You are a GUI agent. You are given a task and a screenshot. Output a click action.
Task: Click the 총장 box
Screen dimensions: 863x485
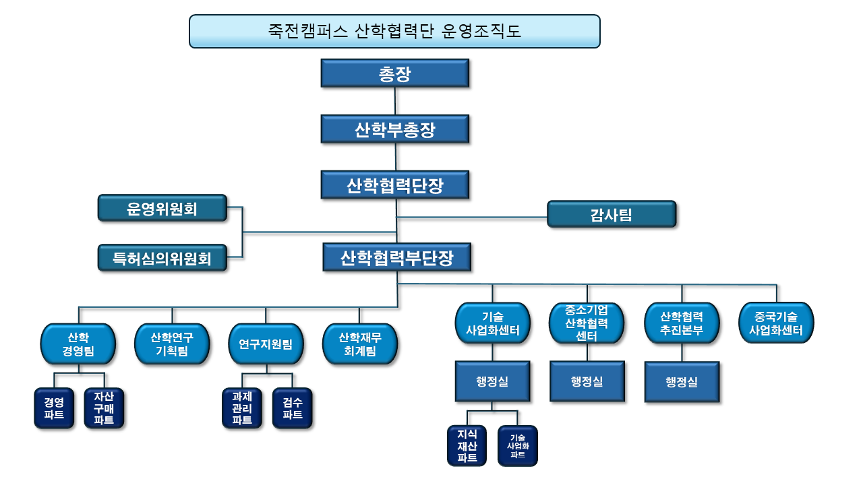click(395, 73)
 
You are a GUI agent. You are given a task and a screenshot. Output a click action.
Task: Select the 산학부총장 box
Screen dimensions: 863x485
click(395, 129)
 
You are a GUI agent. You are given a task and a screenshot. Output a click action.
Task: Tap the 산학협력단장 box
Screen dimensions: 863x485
click(395, 185)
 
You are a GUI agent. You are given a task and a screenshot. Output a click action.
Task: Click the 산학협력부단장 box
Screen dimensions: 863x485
click(397, 257)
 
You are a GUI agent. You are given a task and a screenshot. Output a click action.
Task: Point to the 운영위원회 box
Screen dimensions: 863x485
click(162, 208)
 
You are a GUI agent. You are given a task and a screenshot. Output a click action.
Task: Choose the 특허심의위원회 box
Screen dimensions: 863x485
click(162, 258)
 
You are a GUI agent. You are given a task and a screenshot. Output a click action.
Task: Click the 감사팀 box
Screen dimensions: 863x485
click(612, 214)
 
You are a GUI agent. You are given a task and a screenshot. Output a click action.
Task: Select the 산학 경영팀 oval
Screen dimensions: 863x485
click(78, 344)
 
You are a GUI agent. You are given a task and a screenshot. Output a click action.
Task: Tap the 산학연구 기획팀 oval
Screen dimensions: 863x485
click(172, 344)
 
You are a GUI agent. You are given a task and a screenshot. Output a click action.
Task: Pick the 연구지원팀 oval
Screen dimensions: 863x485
click(266, 344)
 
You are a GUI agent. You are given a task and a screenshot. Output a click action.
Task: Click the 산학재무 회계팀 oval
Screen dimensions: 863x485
click(360, 344)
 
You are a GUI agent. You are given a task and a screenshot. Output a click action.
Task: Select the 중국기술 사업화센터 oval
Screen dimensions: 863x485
click(776, 323)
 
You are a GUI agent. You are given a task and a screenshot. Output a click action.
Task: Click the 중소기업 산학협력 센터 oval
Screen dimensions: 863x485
click(587, 323)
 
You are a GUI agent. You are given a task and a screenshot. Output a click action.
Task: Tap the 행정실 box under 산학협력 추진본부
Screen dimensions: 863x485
click(682, 382)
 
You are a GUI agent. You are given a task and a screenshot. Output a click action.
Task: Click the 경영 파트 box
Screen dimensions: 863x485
click(54, 408)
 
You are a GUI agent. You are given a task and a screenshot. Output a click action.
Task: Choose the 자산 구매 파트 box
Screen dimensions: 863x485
click(104, 408)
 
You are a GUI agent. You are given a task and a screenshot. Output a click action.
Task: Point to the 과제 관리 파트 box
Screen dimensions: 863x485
click(242, 408)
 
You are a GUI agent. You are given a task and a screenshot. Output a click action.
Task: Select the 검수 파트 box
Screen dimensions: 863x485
click(293, 408)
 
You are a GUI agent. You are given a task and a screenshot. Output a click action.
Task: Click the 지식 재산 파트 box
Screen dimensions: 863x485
click(467, 446)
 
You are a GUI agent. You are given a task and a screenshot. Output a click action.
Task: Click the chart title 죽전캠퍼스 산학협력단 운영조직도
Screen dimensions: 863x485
click(394, 31)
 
